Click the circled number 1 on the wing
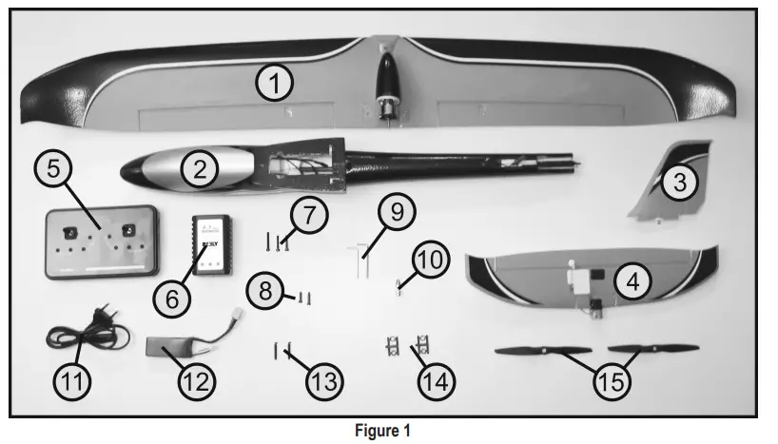[x=275, y=85]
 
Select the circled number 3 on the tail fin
[x=678, y=183]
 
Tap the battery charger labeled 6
[x=211, y=242]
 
